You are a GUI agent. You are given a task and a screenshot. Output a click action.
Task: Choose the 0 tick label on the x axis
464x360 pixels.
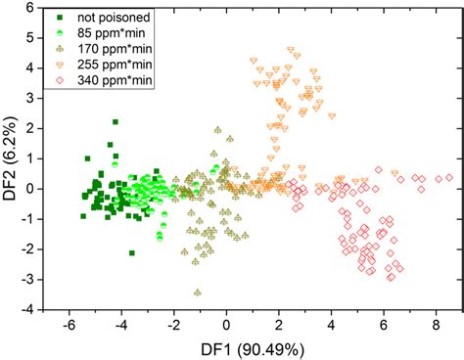pos(226,324)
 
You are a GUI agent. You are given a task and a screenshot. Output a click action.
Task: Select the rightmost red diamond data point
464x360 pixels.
pos(449,178)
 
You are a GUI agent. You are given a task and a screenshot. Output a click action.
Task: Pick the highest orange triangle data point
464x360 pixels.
pos(288,49)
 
